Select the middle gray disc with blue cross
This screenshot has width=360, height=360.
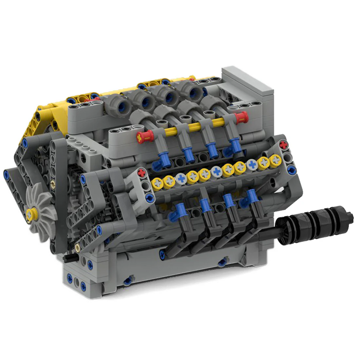tap(216, 171)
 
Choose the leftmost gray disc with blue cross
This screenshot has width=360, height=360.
tap(181, 177)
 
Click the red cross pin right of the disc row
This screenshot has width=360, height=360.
tap(284, 145)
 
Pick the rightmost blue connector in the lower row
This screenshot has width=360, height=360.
tap(252, 196)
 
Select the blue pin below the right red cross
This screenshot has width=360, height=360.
tap(287, 157)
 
